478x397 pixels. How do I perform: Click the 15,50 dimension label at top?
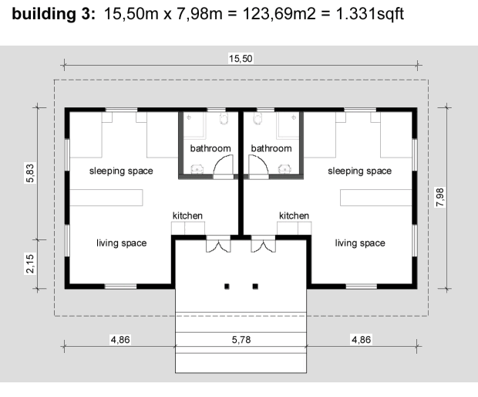pyautogui.click(x=241, y=59)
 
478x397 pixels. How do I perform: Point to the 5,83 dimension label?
pyautogui.click(x=31, y=173)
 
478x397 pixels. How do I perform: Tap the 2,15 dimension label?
pyautogui.click(x=31, y=263)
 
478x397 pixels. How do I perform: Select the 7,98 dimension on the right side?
pyautogui.click(x=440, y=197)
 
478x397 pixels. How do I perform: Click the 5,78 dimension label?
pyautogui.click(x=241, y=340)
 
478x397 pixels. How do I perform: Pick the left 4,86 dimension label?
pyautogui.click(x=120, y=340)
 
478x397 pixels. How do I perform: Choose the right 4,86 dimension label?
pyautogui.click(x=362, y=340)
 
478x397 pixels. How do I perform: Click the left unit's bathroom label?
pyautogui.click(x=210, y=148)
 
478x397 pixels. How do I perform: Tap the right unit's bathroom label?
pyautogui.click(x=271, y=148)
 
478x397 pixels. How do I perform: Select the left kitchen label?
pyautogui.click(x=187, y=215)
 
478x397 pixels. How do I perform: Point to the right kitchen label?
pyautogui.click(x=295, y=215)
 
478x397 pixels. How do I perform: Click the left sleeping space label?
pyautogui.click(x=121, y=171)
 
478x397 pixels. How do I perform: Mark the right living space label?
pyautogui.click(x=360, y=243)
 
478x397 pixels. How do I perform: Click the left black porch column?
pyautogui.click(x=227, y=287)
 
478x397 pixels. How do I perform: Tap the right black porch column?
pyautogui.click(x=255, y=287)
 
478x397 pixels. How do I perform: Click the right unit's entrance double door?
pyautogui.click(x=263, y=245)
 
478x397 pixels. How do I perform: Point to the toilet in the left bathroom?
pyautogui.click(x=224, y=118)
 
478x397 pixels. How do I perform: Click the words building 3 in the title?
pyautogui.click(x=54, y=14)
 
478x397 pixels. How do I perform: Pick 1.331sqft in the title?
pyautogui.click(x=370, y=14)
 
